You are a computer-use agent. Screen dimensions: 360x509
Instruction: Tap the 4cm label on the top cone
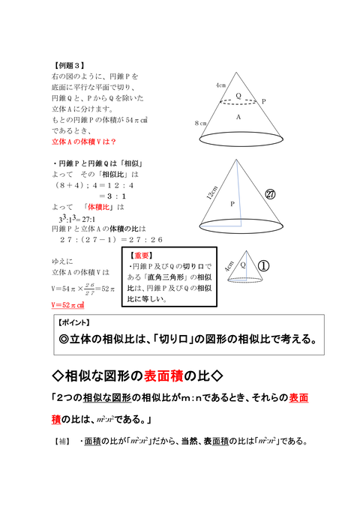[x=220, y=85]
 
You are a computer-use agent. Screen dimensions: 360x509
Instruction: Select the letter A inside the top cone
[x=238, y=118]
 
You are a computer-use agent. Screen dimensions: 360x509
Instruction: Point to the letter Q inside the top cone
[x=238, y=96]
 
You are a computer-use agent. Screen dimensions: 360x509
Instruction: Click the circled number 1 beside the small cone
[x=264, y=266]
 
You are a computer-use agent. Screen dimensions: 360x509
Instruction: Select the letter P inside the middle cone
[x=232, y=203]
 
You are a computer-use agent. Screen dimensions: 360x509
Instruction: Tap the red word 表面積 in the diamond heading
[x=178, y=373]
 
